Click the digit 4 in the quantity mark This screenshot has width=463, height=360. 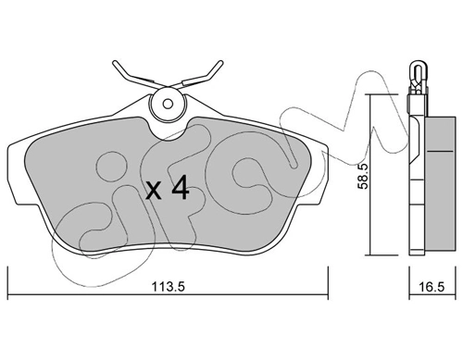point(180,191)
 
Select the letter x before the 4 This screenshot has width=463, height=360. point(154,192)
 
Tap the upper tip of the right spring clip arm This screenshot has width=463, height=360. point(219,63)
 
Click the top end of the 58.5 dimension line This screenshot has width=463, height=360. point(369,93)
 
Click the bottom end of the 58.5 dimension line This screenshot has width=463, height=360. point(369,254)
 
